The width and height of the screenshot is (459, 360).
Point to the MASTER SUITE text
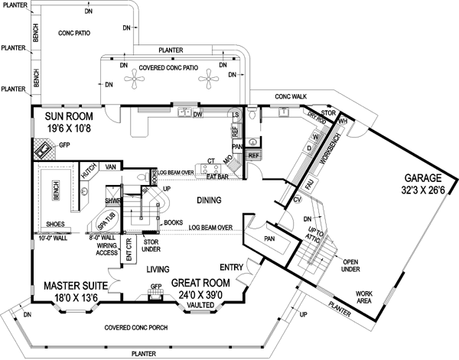click(74, 281)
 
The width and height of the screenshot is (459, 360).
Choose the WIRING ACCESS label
click(102, 249)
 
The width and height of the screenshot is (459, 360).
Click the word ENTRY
click(232, 267)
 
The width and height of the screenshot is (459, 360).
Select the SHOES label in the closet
click(54, 225)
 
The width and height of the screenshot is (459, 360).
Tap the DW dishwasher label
click(197, 115)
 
